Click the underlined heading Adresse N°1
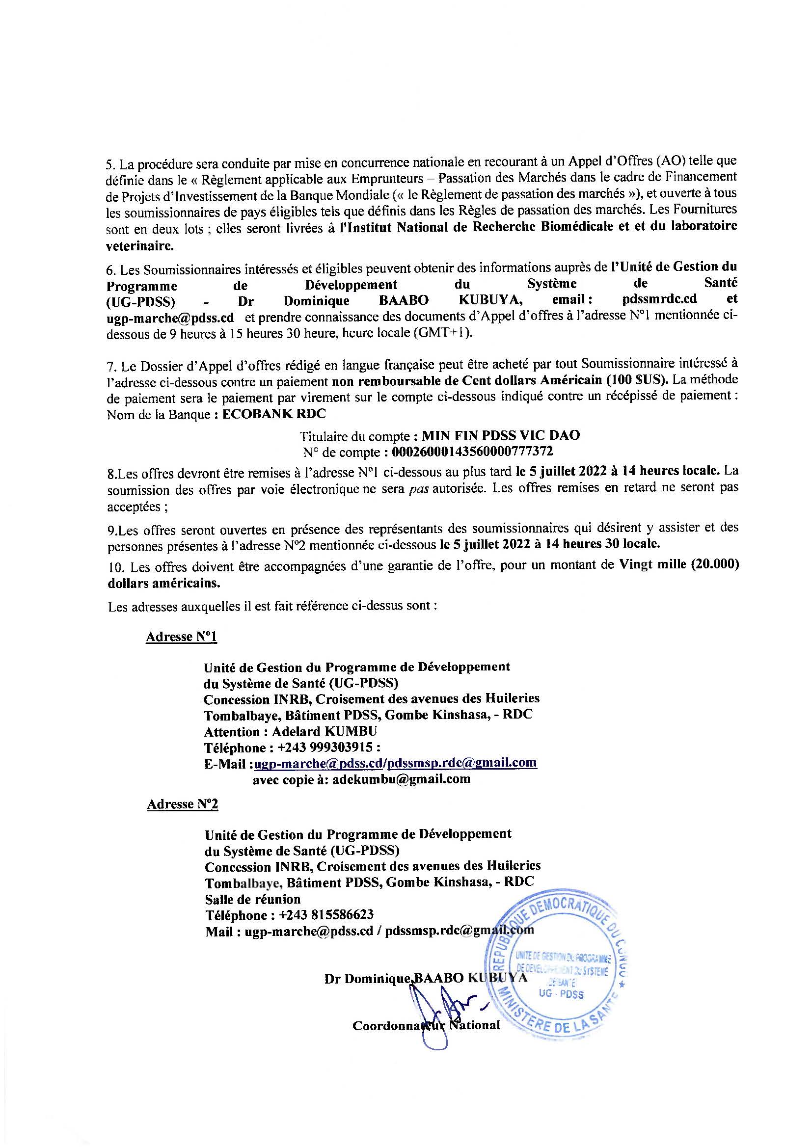coord(182,637)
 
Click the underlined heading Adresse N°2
coord(183,804)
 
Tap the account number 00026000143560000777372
coord(472,452)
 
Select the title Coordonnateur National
coord(426,1025)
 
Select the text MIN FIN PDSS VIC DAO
coord(501,435)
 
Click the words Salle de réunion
coord(252,899)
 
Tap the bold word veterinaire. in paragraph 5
coord(140,245)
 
